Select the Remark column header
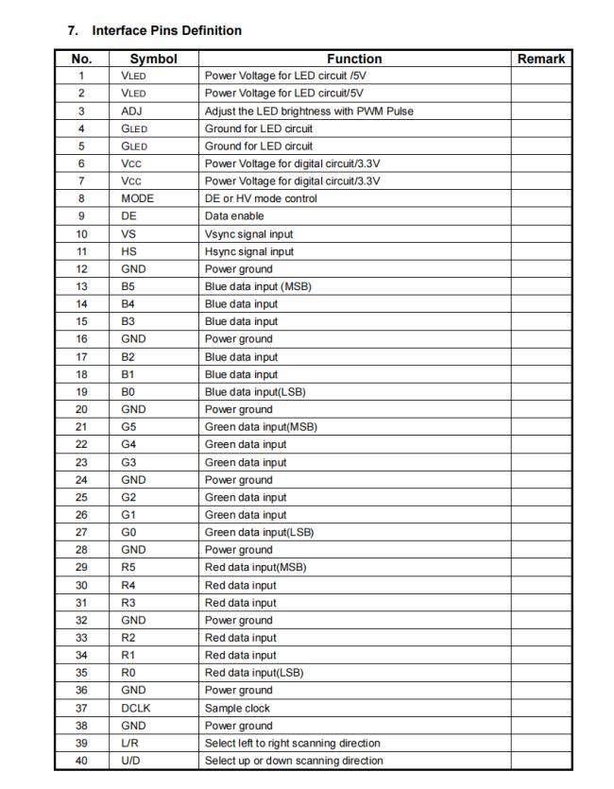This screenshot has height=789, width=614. click(541, 59)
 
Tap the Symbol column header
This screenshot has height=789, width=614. click(153, 59)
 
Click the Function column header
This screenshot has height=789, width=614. click(354, 59)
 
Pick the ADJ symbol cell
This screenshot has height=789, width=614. click(131, 111)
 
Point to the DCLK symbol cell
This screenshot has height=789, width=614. click(137, 708)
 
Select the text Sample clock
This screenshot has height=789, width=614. click(237, 708)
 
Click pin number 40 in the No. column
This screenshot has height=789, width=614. click(81, 761)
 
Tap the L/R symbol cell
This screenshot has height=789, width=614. click(130, 743)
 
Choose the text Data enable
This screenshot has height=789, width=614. click(234, 215)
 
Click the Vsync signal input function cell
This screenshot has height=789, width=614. click(248, 233)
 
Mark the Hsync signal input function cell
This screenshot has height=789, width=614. click(248, 251)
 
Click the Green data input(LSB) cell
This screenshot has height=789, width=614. click(259, 532)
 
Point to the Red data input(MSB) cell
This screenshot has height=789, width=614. click(255, 567)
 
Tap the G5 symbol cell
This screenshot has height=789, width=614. click(129, 426)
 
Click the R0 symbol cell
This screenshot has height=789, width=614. click(129, 673)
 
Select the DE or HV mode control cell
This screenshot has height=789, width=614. click(261, 198)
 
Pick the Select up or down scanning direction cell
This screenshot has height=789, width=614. click(294, 761)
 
